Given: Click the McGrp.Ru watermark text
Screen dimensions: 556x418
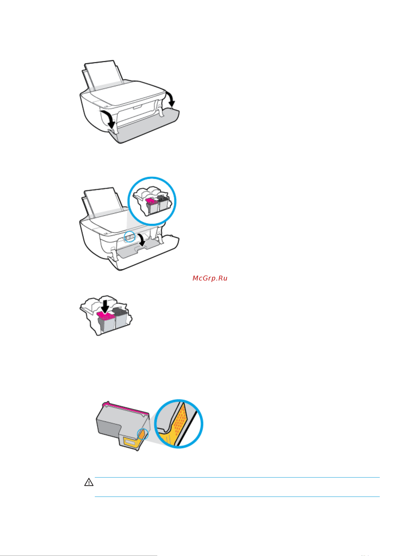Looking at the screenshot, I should coord(210,278).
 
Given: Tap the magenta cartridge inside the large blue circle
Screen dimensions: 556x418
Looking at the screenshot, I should coord(150,201).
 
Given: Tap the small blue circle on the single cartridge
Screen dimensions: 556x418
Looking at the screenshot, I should coord(143,434).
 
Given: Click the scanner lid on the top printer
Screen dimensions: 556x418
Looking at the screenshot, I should coord(126,93).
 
